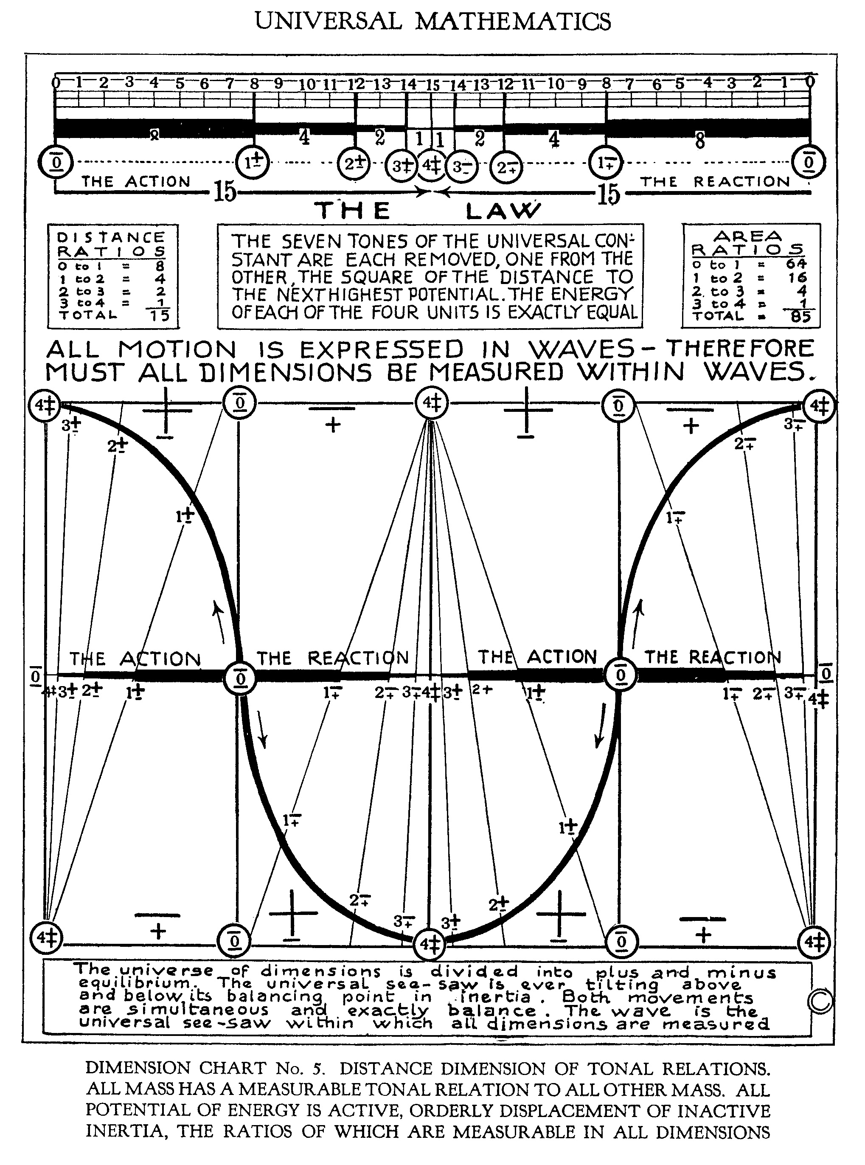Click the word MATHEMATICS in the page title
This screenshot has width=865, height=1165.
[514, 22]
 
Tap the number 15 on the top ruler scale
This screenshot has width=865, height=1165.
[432, 85]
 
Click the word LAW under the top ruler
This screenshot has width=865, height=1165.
[502, 211]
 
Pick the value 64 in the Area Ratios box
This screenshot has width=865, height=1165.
[796, 264]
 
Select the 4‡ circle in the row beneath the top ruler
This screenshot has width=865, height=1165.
[432, 165]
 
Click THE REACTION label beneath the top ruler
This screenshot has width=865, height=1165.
[715, 182]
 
